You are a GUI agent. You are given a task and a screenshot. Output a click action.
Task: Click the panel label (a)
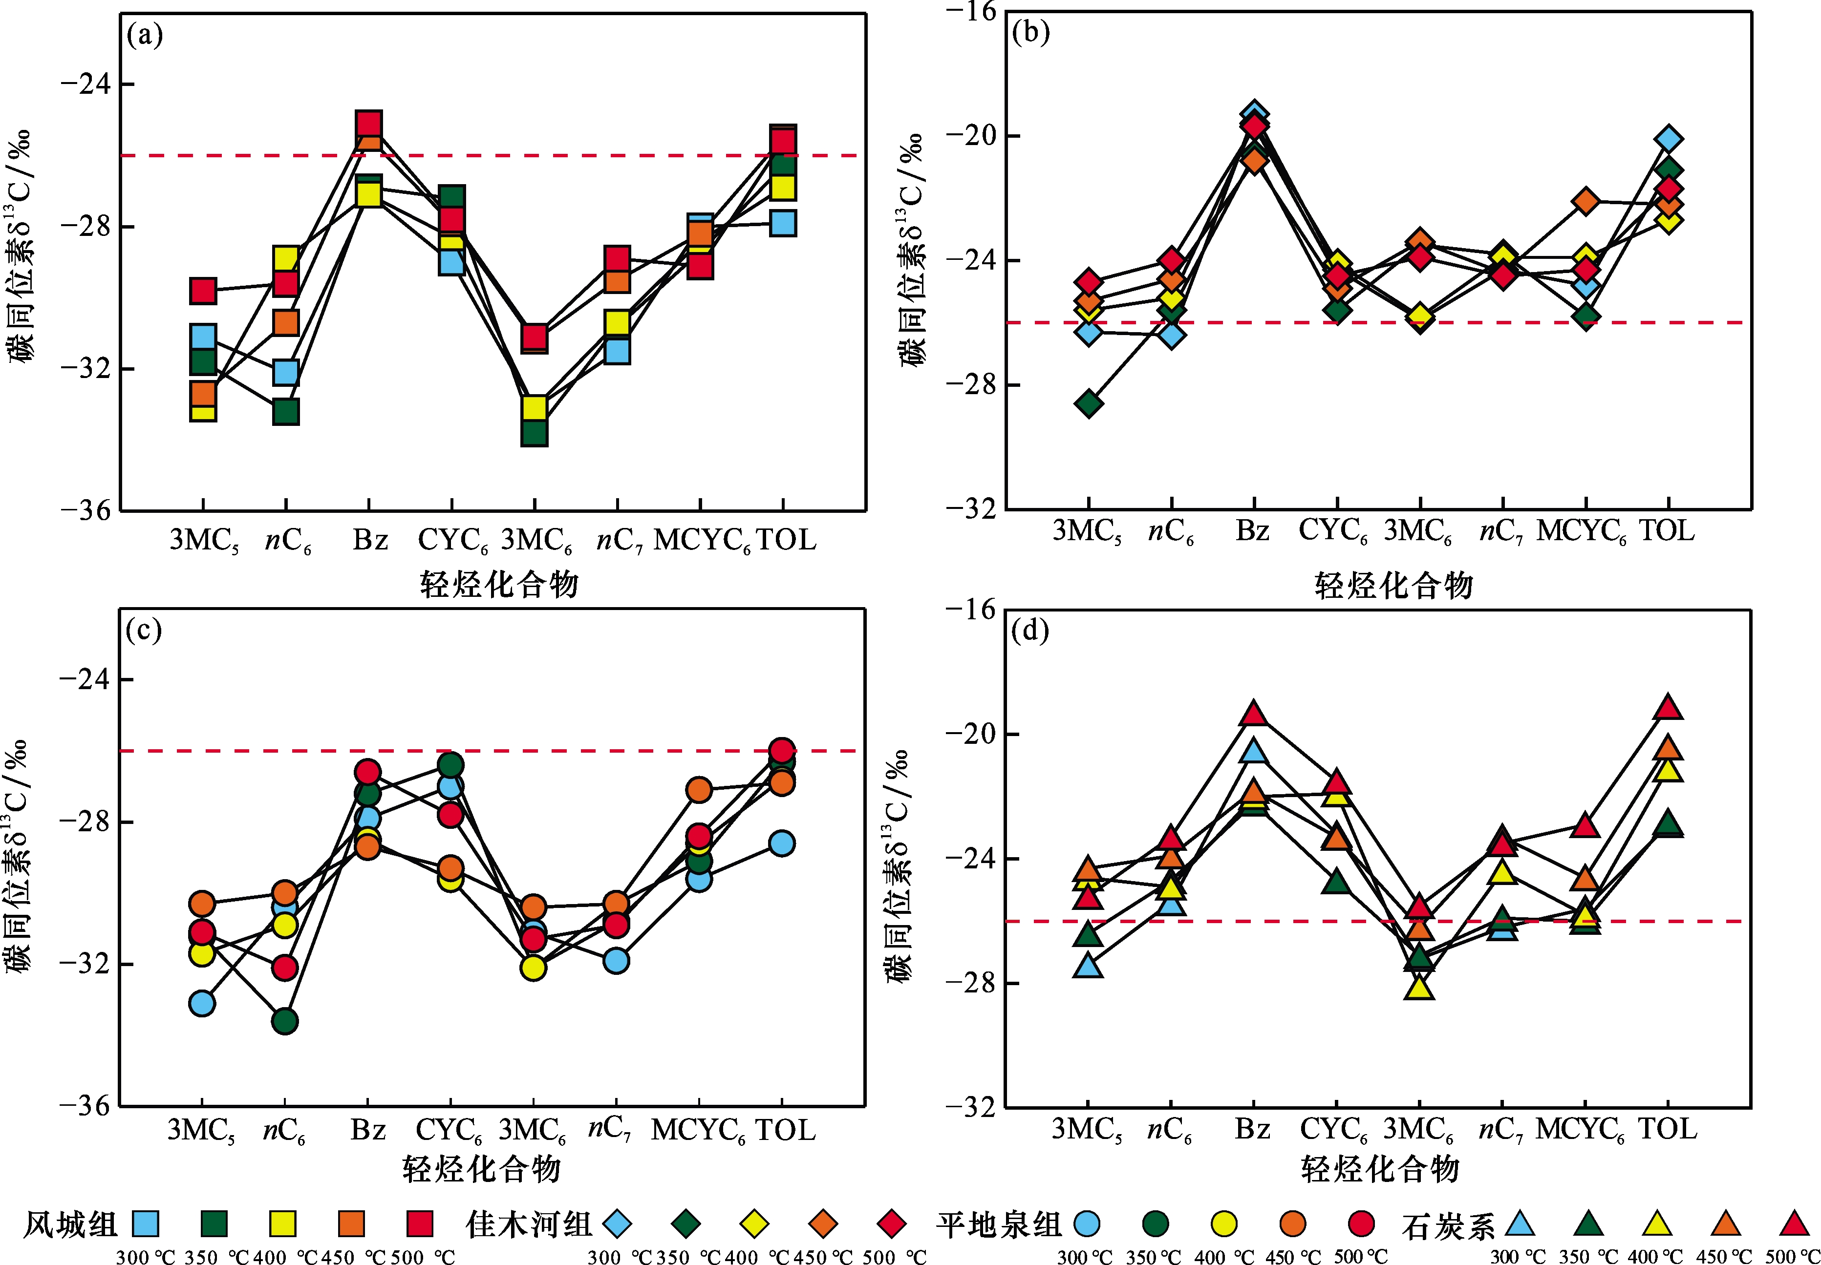click(144, 36)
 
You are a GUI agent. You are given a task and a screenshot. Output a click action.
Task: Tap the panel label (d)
click(1030, 631)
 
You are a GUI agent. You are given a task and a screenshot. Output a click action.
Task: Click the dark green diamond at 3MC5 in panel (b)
click(1089, 403)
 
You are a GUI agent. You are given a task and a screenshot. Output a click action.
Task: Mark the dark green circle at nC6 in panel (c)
click(284, 1021)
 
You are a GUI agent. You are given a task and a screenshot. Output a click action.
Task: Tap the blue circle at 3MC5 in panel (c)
click(202, 1003)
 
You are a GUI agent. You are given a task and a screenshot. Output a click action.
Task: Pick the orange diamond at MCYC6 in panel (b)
click(1585, 201)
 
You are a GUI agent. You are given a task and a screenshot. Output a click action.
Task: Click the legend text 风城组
click(70, 1224)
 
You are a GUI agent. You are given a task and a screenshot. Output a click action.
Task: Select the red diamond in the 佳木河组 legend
click(892, 1224)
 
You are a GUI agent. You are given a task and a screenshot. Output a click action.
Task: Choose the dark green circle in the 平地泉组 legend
click(1155, 1224)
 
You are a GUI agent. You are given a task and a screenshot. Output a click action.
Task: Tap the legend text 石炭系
click(1448, 1226)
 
